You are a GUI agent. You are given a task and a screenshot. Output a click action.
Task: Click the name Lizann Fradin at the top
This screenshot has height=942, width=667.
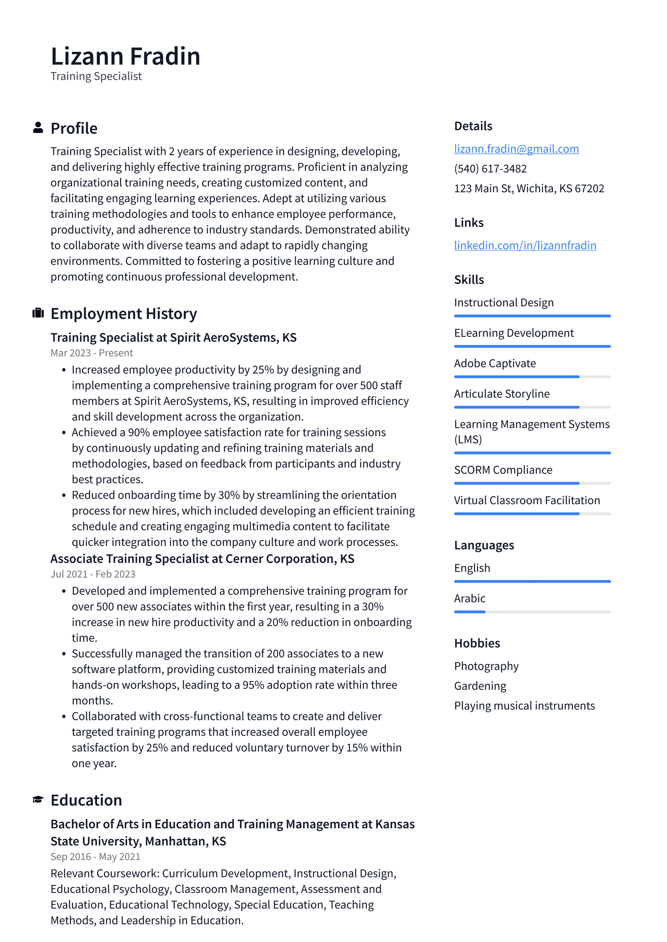[x=125, y=56]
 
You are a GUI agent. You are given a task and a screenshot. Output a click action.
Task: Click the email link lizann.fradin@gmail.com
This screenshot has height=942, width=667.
[x=516, y=149]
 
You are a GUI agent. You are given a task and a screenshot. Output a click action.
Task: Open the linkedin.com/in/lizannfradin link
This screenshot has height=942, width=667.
[x=525, y=245]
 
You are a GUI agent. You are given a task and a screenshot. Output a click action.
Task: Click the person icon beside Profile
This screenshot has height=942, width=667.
[x=38, y=128]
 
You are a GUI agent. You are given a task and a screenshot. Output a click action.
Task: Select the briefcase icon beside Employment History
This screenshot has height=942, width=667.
[x=38, y=313]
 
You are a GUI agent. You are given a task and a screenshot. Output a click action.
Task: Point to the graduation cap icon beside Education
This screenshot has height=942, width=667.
[x=38, y=800]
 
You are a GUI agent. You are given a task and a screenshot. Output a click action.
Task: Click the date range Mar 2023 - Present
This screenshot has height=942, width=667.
[x=92, y=353]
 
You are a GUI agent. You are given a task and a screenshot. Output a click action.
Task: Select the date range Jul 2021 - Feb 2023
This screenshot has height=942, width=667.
[x=93, y=574]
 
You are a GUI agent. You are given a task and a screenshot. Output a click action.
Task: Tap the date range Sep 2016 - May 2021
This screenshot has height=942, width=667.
[x=95, y=857]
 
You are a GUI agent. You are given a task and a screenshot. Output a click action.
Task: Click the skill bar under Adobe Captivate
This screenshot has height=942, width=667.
[x=532, y=377]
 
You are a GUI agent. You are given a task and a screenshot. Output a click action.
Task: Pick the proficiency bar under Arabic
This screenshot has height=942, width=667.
[x=532, y=612]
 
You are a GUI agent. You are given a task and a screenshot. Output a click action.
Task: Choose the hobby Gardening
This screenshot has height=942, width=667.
[x=480, y=686]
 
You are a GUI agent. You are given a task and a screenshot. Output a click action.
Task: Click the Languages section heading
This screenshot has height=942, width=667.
[x=484, y=545]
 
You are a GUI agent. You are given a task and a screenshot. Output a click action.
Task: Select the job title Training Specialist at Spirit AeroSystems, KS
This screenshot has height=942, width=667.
[x=173, y=338]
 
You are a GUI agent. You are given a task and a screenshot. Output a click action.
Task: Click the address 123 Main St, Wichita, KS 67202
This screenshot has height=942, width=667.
[x=529, y=189]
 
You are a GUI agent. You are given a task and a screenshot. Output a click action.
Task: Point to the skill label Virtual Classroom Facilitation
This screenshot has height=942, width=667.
[x=527, y=501]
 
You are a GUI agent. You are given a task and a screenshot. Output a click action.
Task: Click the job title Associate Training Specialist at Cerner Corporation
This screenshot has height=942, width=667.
[x=202, y=559]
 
